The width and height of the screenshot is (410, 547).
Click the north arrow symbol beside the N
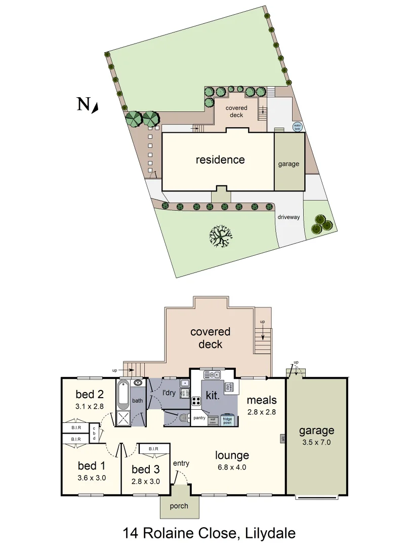pyautogui.click(x=95, y=107)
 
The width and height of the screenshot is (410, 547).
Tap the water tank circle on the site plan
pyautogui.click(x=297, y=127)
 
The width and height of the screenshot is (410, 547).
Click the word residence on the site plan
pyautogui.click(x=220, y=160)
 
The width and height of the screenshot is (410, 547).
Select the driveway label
pyautogui.click(x=289, y=217)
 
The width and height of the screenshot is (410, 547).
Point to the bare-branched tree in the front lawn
pyautogui.click(x=221, y=236)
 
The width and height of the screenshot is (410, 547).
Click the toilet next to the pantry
pyautogui.click(x=183, y=418)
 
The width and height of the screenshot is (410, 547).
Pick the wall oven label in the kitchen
pyautogui.click(x=213, y=420)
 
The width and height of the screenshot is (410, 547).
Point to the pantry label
pyautogui.click(x=199, y=418)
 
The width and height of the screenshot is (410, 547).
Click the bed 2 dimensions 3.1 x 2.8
pyautogui.click(x=89, y=406)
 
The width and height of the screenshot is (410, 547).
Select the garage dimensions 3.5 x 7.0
pyautogui.click(x=316, y=442)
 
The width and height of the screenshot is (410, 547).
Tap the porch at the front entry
pyautogui.click(x=179, y=505)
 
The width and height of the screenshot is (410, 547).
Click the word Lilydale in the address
pyautogui.click(x=270, y=533)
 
